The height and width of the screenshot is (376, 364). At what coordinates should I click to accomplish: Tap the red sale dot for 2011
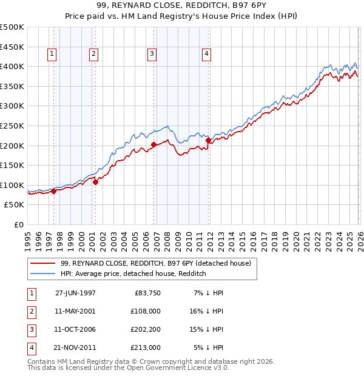(209, 140)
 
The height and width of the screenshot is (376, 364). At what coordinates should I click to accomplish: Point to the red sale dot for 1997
(53, 191)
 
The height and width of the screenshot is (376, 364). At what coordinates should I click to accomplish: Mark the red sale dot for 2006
(153, 144)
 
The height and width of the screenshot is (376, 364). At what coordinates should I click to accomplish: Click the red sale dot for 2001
(95, 181)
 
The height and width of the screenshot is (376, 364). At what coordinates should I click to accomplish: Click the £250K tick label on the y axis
(12, 126)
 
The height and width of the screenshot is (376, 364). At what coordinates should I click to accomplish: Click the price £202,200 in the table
(146, 329)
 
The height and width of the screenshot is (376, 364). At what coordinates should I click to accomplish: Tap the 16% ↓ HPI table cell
(207, 311)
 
